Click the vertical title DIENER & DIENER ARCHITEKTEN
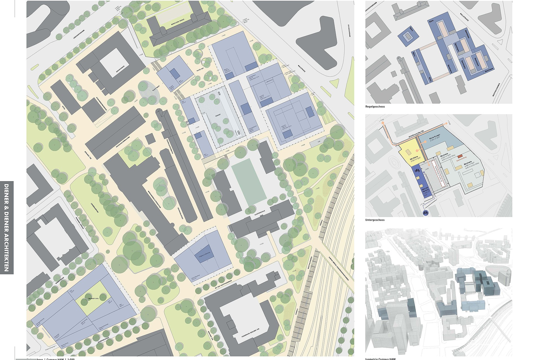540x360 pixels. (x=7, y=228)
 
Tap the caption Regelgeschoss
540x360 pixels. (x=375, y=107)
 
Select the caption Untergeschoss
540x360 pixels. (x=375, y=220)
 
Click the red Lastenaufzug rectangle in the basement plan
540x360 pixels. (x=460, y=156)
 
